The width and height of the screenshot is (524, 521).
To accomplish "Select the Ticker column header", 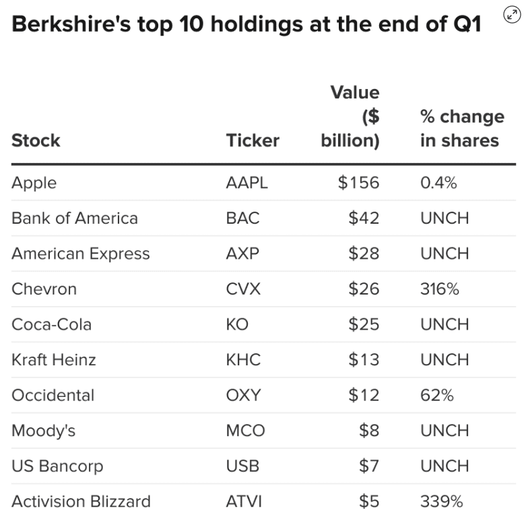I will point(253,140).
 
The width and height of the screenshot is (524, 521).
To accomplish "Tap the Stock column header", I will point(36,140).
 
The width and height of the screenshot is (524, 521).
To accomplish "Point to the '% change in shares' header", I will point(461,128).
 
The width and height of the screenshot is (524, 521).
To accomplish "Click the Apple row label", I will point(34,183).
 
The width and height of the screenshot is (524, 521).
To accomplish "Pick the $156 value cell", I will point(358,183).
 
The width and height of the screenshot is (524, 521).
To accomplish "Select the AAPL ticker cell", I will point(247,183).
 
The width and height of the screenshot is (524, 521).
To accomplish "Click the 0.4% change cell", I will point(438,183).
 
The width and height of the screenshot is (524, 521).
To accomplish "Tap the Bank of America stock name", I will point(75,218).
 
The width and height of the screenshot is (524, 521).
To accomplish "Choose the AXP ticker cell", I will point(242,253).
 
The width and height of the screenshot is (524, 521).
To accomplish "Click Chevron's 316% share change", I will point(440,289).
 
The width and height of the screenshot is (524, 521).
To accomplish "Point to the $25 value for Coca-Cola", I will point(364,324).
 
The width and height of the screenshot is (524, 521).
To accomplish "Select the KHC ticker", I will point(243,360).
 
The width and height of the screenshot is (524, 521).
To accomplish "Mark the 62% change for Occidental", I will point(436,395).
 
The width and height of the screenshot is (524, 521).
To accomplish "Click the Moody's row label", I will point(44,431).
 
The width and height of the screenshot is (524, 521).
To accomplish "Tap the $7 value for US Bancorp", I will point(368,466).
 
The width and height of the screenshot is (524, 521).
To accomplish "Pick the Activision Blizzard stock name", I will point(81,501).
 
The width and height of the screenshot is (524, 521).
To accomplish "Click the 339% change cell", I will point(442,501).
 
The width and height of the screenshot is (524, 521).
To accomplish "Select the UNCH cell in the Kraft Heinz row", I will point(445,360).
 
